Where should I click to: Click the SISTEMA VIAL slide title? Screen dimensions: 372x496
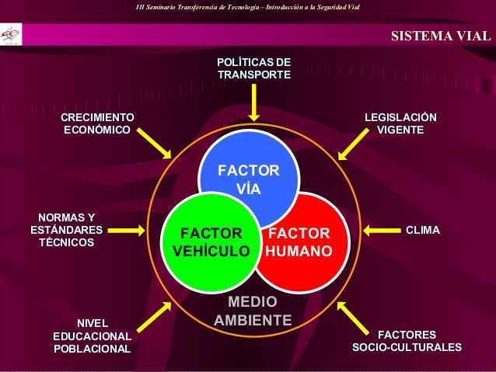tap(440, 36)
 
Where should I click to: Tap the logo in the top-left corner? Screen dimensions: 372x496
tap(12, 34)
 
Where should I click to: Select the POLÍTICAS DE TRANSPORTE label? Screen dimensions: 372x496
tap(253, 68)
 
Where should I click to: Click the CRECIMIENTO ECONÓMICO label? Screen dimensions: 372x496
tap(97, 123)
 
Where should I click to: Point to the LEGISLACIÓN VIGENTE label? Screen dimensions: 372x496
tap(400, 123)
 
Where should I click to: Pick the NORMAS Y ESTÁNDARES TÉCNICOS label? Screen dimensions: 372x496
tap(66, 230)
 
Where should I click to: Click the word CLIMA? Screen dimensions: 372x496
tap(423, 230)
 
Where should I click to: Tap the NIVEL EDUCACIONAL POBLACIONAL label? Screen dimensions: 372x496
tap(92, 335)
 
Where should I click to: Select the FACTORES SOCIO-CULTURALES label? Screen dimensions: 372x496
tap(407, 341)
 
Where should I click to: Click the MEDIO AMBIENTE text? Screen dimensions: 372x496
tap(253, 311)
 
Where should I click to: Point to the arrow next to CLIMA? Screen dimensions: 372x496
tap(381, 230)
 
